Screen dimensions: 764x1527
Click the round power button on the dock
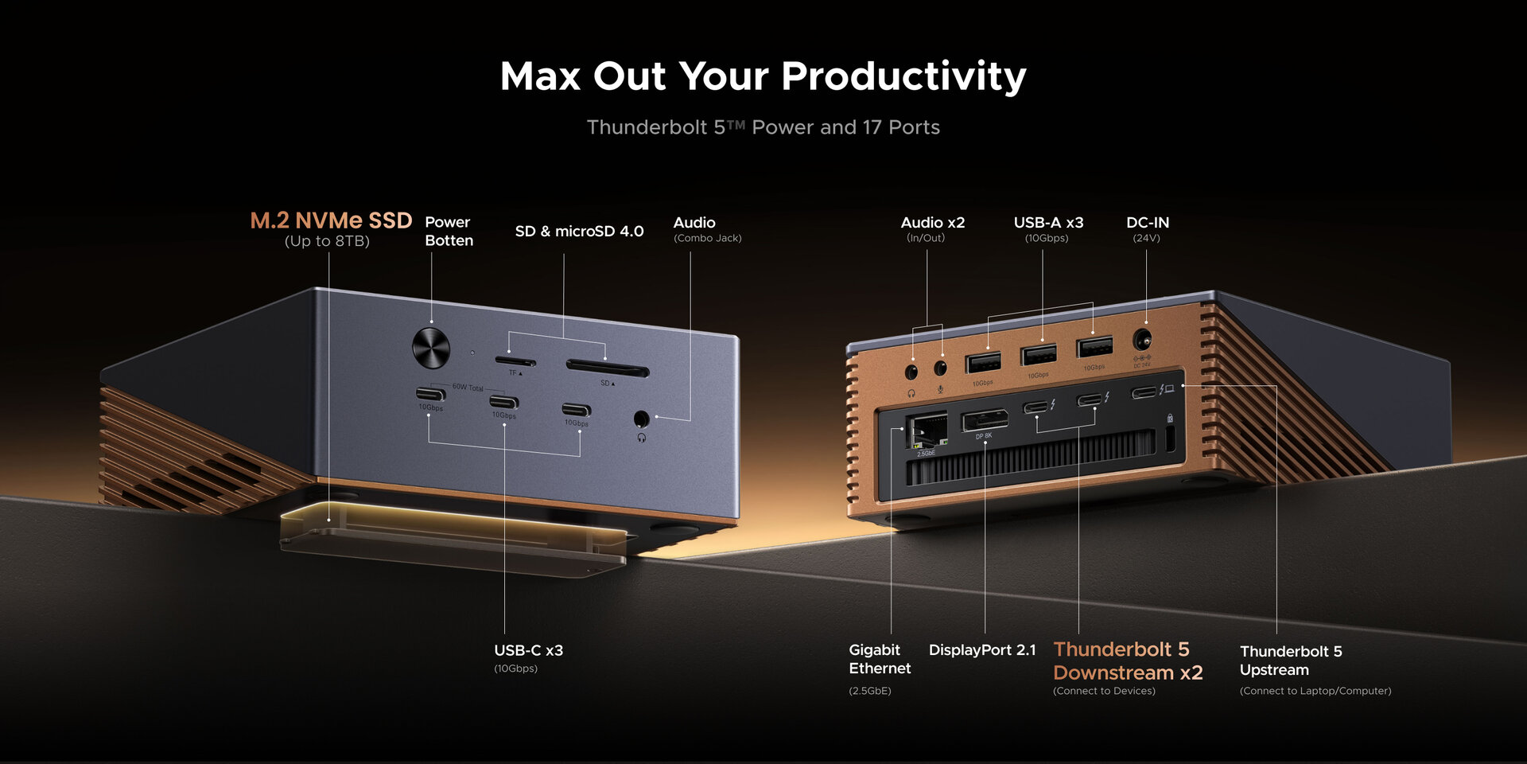431,348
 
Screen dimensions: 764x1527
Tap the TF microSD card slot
515,361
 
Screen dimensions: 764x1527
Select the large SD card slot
608,368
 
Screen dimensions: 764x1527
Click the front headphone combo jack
641,419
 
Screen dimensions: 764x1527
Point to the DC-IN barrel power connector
1142,340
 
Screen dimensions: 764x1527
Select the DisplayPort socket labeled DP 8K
984,419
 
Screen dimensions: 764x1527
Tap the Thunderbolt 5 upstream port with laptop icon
1144,392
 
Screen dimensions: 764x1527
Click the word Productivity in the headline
903,77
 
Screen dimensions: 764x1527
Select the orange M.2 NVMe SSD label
331,220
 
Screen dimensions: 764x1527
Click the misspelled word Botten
449,240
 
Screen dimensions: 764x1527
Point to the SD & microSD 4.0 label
579,232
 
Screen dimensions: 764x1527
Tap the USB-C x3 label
528,650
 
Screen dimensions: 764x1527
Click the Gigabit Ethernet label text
879,659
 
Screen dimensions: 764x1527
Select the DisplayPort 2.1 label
982,650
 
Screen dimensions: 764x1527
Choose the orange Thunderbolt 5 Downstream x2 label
1127,661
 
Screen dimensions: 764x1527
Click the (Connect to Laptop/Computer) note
1315,691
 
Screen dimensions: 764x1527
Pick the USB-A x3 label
1048,223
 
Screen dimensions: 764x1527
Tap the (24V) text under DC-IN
1146,238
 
